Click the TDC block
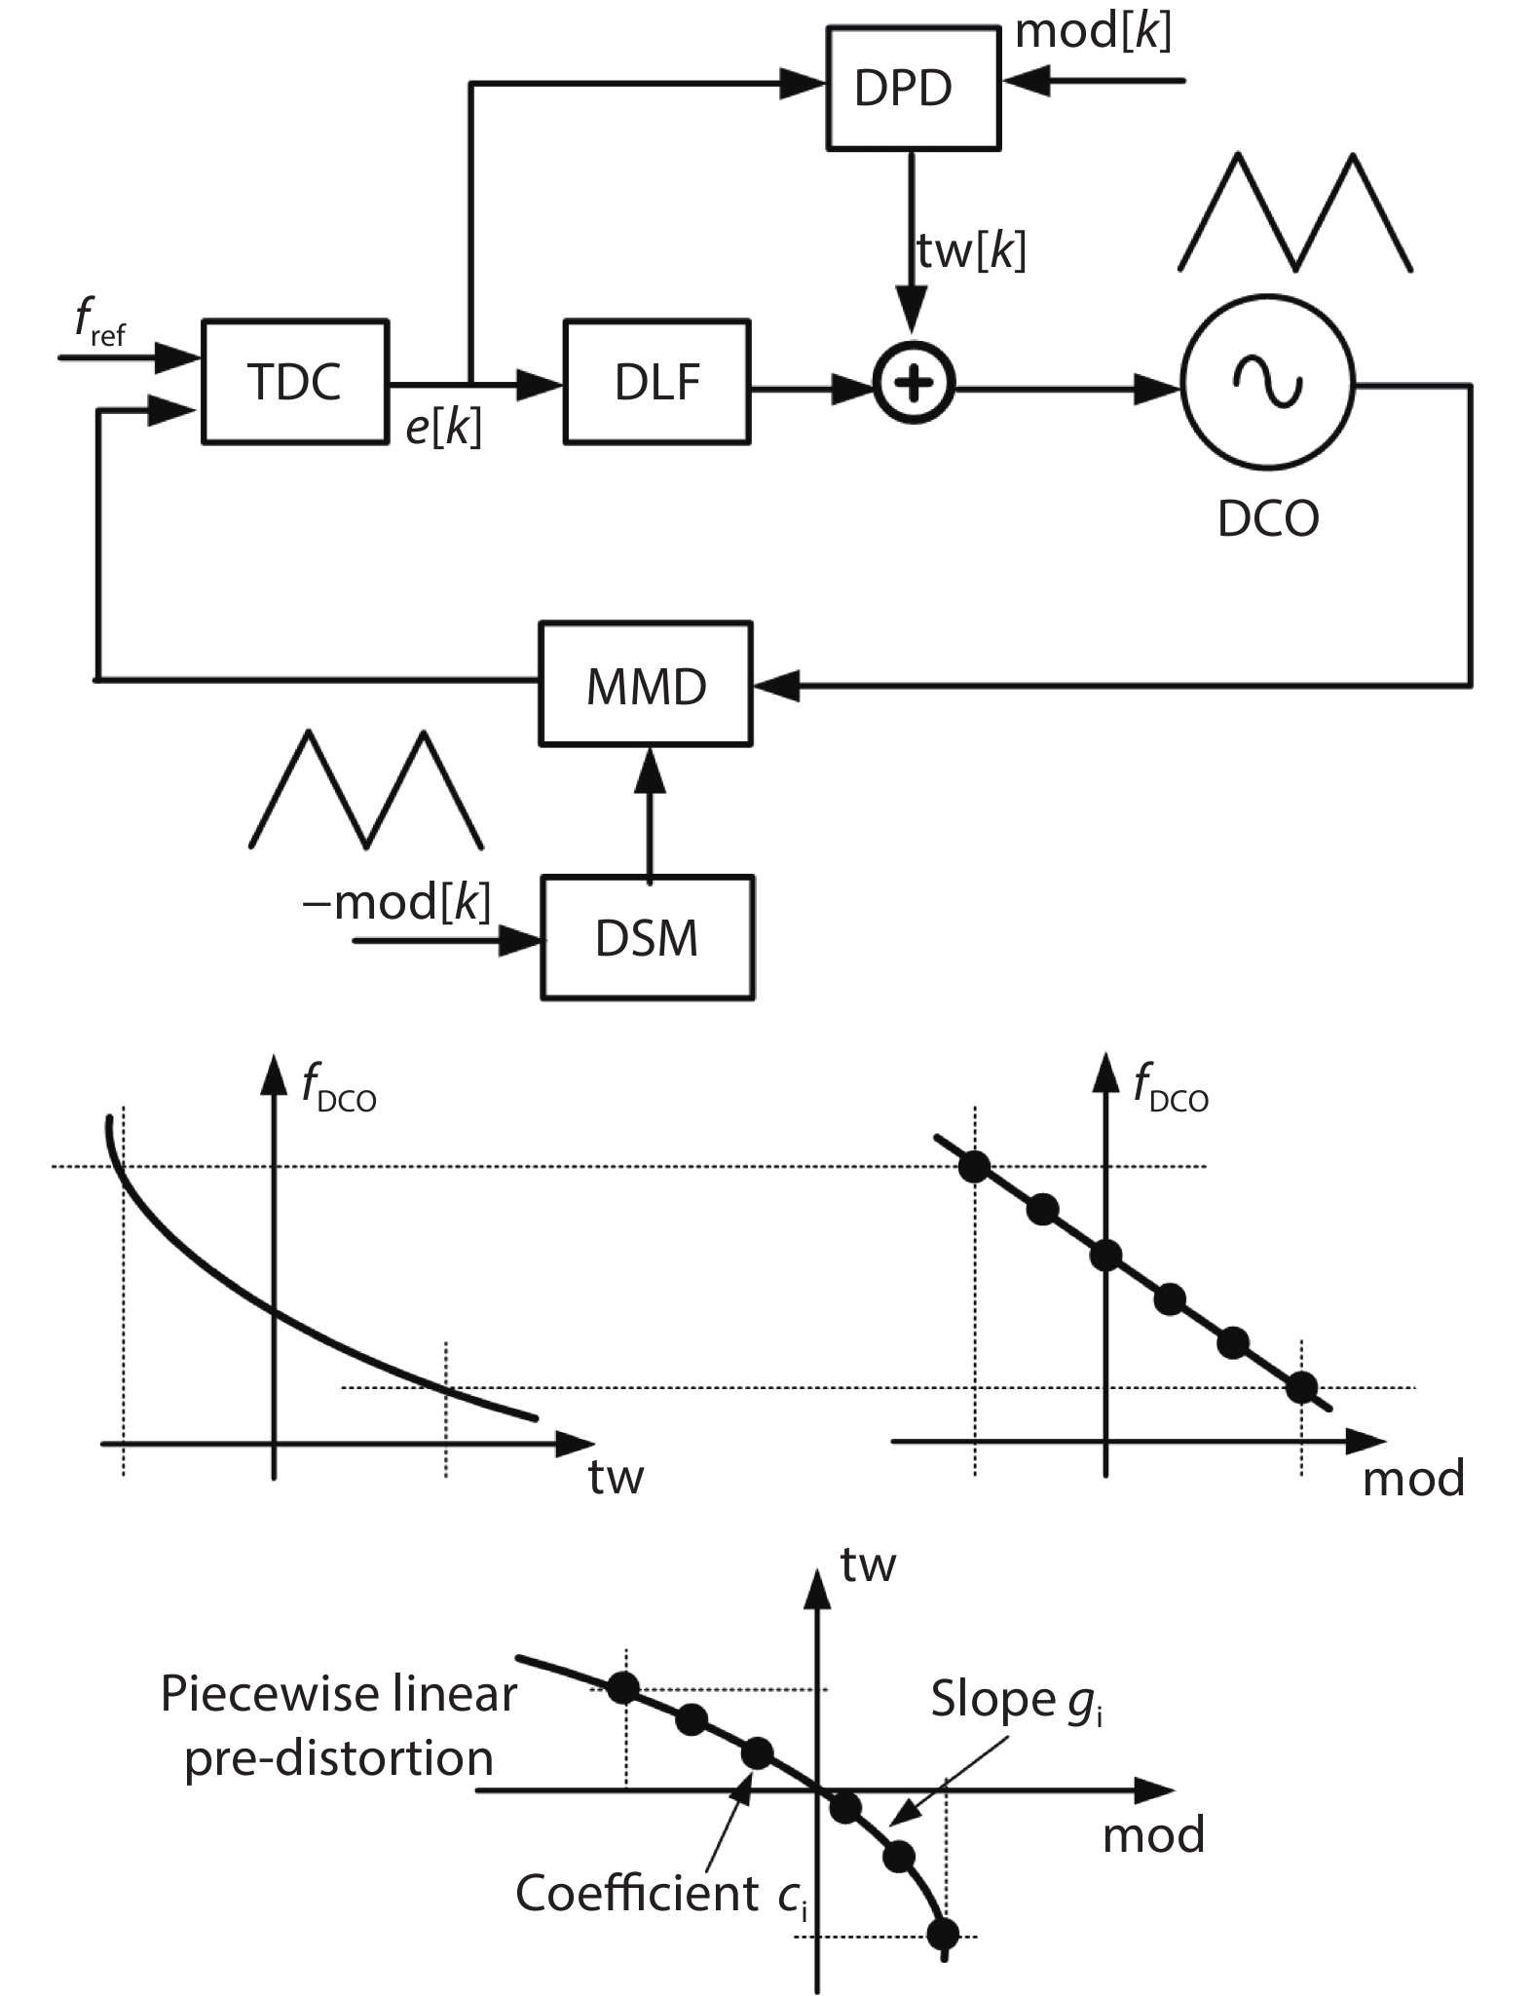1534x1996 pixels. coord(294,381)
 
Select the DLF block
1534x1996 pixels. coord(656,381)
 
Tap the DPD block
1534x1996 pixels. coord(913,88)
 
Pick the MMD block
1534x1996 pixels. coord(646,685)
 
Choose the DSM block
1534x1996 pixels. coord(647,938)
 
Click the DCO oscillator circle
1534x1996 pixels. coord(1267,381)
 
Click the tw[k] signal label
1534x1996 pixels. coord(971,251)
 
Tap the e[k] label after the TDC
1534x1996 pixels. coord(443,428)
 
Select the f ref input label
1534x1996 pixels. coord(99,321)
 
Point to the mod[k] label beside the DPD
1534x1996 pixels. coord(1093,31)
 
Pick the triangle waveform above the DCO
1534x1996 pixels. coord(1295,212)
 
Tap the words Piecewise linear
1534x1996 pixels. coord(338,1694)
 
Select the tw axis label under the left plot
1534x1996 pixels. coord(616,1478)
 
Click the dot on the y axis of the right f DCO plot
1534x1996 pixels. coord(1105,1256)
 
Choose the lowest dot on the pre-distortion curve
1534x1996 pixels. coord(944,1933)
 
